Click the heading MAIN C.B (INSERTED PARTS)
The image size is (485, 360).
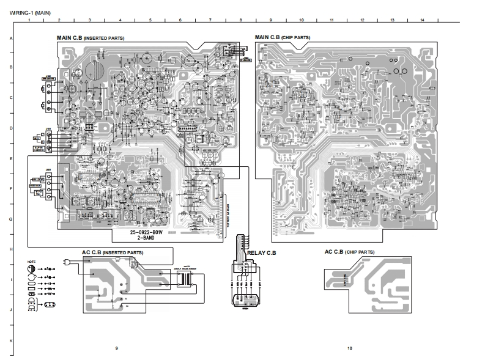[x=91, y=38]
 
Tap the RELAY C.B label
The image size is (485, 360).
[x=262, y=252]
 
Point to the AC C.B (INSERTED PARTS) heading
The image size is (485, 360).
[x=113, y=252]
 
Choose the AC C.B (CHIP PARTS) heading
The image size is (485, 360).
[x=350, y=252]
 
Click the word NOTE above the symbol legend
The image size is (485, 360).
[x=32, y=261]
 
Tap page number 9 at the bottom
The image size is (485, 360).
[x=117, y=348]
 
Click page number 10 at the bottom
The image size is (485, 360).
[x=350, y=348]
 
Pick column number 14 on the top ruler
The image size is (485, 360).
[x=422, y=21]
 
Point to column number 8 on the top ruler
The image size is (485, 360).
[x=240, y=21]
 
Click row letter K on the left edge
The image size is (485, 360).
[x=11, y=339]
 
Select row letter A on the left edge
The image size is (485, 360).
[x=11, y=38]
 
